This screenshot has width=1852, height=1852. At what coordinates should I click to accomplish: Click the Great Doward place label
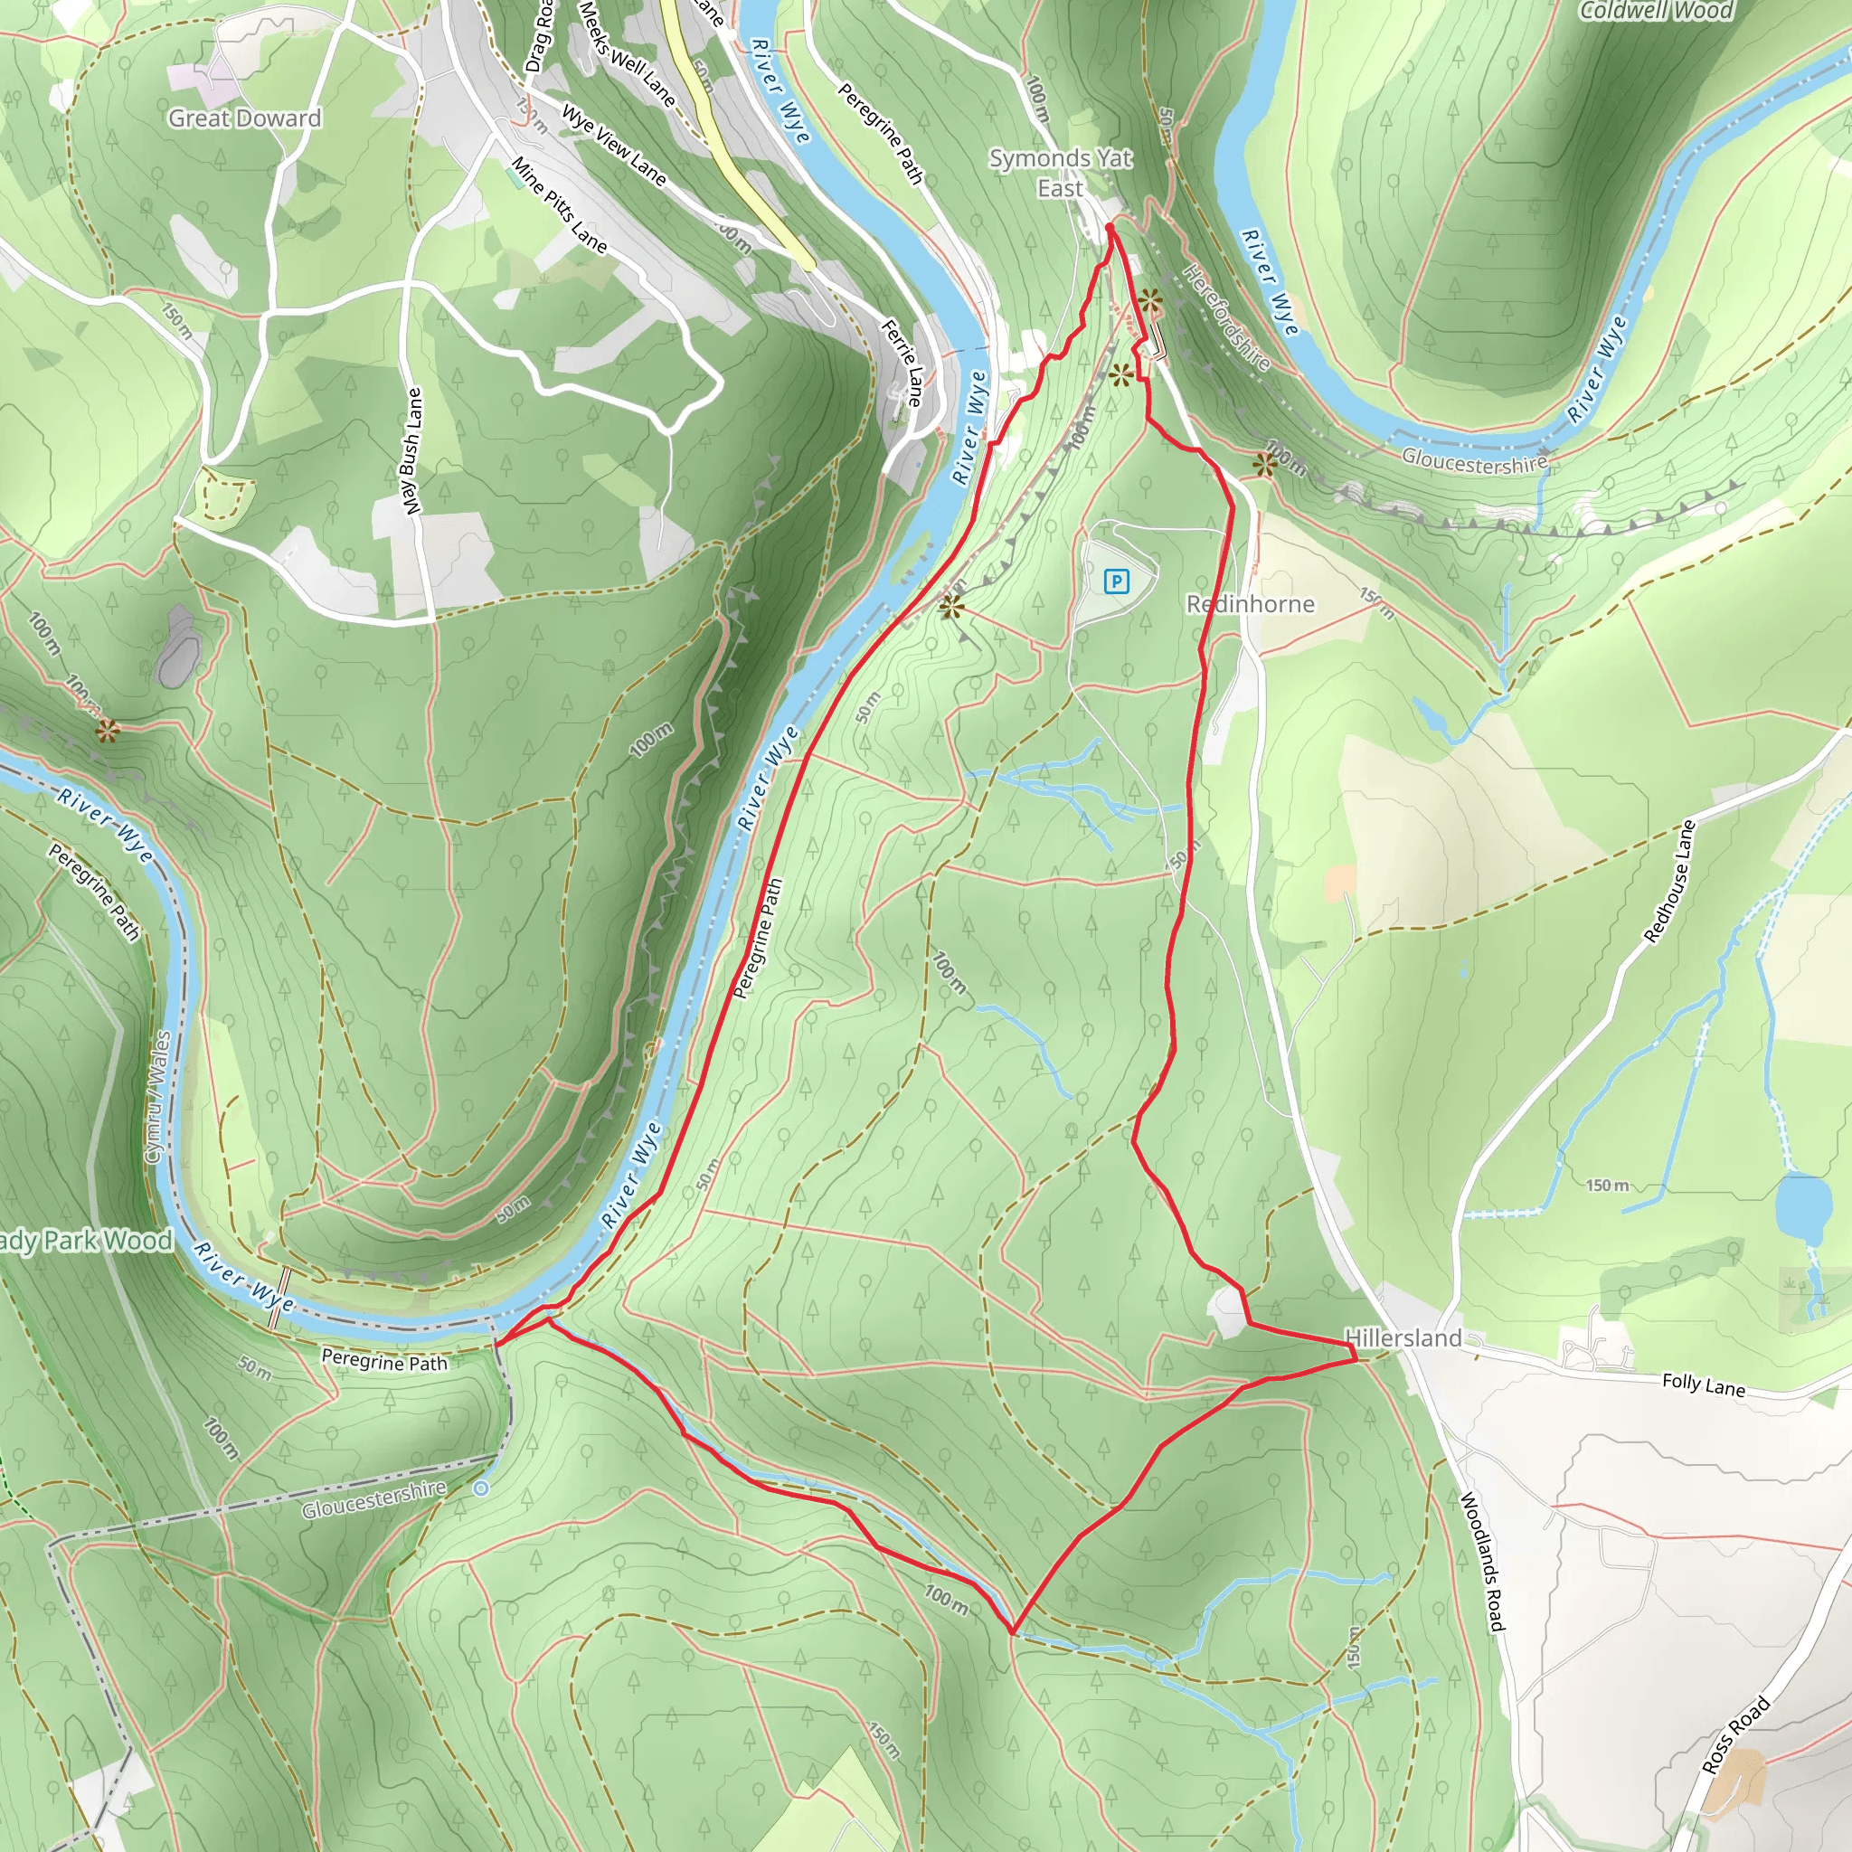pyautogui.click(x=244, y=118)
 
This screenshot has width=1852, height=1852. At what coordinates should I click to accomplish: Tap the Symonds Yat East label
pyautogui.click(x=1060, y=174)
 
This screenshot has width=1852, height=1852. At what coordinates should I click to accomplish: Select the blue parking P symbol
pyautogui.click(x=1116, y=581)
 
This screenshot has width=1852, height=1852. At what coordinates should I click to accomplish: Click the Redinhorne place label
pyautogui.click(x=1250, y=604)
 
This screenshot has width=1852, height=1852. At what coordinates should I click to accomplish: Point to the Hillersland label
pyautogui.click(x=1403, y=1338)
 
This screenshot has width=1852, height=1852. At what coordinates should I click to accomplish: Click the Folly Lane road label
pyautogui.click(x=1704, y=1385)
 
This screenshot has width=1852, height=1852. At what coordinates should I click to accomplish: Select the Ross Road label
pyautogui.click(x=1735, y=1735)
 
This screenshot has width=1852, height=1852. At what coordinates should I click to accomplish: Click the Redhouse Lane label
pyautogui.click(x=1670, y=882)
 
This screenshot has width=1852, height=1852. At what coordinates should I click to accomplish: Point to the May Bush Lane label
pyautogui.click(x=412, y=450)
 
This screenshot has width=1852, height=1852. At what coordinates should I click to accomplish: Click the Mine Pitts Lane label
pyautogui.click(x=560, y=205)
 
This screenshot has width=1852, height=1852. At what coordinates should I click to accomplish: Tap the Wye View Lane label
pyautogui.click(x=613, y=144)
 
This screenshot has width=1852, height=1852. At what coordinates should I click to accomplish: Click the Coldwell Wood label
pyautogui.click(x=1656, y=12)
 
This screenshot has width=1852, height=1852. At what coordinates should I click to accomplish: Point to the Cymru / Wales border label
pyautogui.click(x=158, y=1098)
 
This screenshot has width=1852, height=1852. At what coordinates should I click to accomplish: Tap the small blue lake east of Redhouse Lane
pyautogui.click(x=1802, y=1207)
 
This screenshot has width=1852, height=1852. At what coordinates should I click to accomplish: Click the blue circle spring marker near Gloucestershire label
pyautogui.click(x=481, y=1488)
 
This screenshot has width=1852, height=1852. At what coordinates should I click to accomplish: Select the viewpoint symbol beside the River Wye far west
pyautogui.click(x=108, y=732)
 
